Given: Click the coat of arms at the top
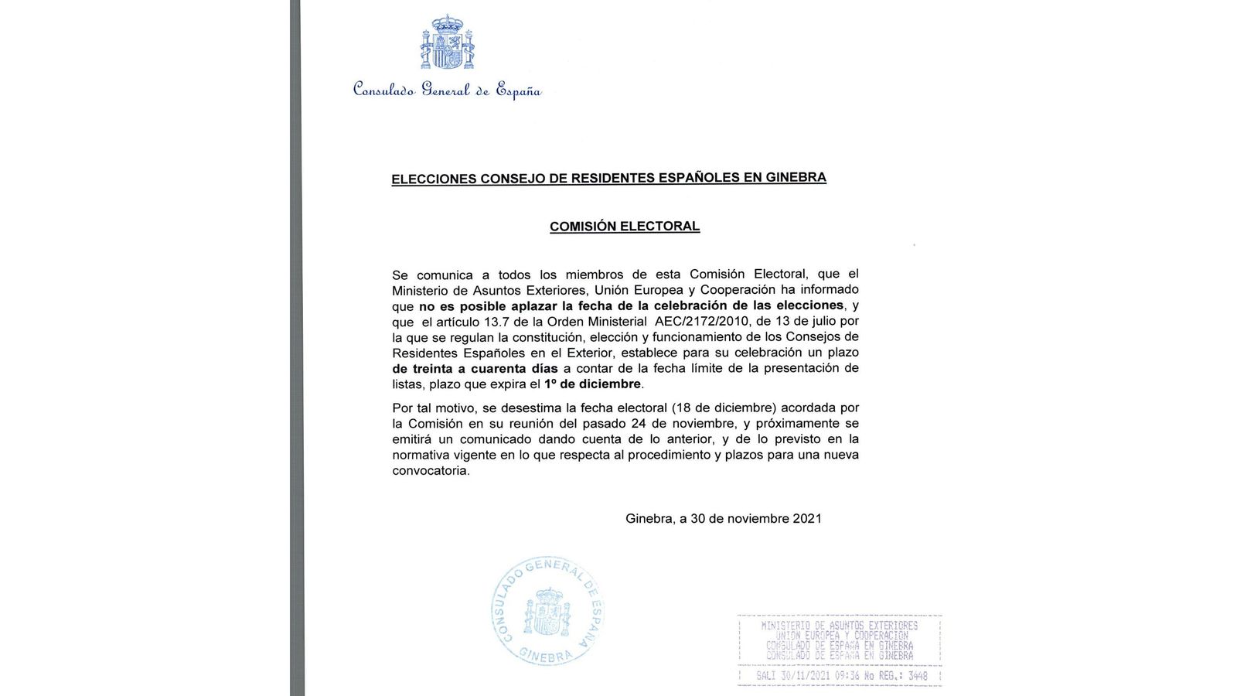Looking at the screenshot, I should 447,43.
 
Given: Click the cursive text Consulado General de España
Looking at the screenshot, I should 447,90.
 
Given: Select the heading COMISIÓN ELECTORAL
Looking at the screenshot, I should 625,227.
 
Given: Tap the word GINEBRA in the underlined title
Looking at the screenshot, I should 796,177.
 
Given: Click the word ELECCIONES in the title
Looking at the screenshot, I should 434,179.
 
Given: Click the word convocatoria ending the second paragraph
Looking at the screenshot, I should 431,471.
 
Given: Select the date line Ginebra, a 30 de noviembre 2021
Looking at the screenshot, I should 724,519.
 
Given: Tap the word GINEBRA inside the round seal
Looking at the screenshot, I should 546,656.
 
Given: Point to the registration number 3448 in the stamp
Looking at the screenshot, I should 918,676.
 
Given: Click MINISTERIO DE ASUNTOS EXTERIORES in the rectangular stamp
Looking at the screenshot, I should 840,625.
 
